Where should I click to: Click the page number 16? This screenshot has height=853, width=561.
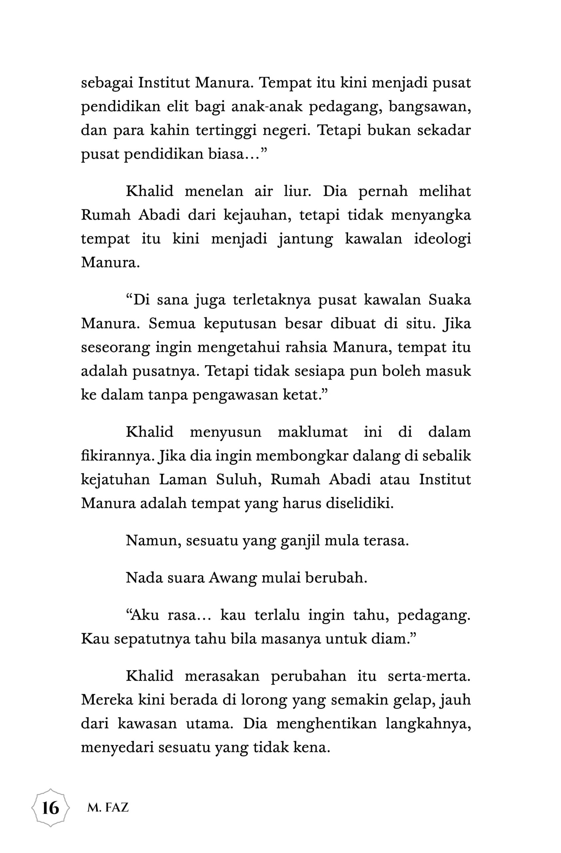point(51,808)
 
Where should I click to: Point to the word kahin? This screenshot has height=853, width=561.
point(170,131)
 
